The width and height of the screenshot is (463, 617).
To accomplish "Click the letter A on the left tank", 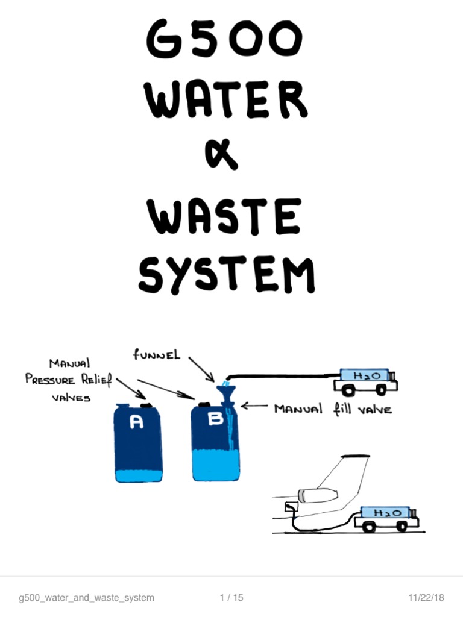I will pyautogui.click(x=137, y=424).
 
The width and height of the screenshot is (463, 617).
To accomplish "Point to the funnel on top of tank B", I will pyautogui.click(x=228, y=395).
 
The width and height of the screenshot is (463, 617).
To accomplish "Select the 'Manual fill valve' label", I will pyautogui.click(x=333, y=409).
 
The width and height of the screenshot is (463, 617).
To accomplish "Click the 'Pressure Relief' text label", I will pyautogui.click(x=68, y=380).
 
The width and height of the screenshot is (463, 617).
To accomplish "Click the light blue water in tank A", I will pyautogui.click(x=138, y=475).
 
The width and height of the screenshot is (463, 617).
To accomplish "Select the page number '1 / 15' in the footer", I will pyautogui.click(x=232, y=598).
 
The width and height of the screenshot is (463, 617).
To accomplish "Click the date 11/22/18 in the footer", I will pyautogui.click(x=426, y=598).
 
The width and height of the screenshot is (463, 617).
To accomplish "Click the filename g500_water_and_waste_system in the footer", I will pyautogui.click(x=86, y=598).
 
